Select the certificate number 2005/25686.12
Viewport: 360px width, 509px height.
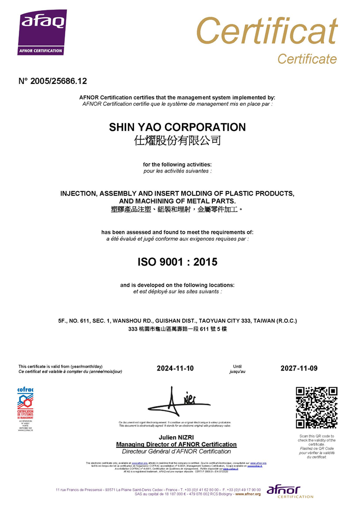[53, 81]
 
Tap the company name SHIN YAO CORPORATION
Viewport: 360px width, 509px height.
[177, 127]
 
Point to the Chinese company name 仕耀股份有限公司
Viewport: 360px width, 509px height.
[177, 141]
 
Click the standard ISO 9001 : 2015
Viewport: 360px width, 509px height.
[177, 262]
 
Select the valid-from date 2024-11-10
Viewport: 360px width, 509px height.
[175, 368]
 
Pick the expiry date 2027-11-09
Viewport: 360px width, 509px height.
[299, 368]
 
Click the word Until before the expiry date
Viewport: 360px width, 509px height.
[237, 366]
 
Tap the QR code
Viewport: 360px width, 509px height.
[317, 407]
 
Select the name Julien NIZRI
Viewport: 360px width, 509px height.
[176, 438]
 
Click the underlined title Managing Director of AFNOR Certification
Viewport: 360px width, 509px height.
[176, 444]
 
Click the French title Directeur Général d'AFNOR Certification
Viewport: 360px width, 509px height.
[176, 451]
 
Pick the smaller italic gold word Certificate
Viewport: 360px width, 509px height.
[307, 59]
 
